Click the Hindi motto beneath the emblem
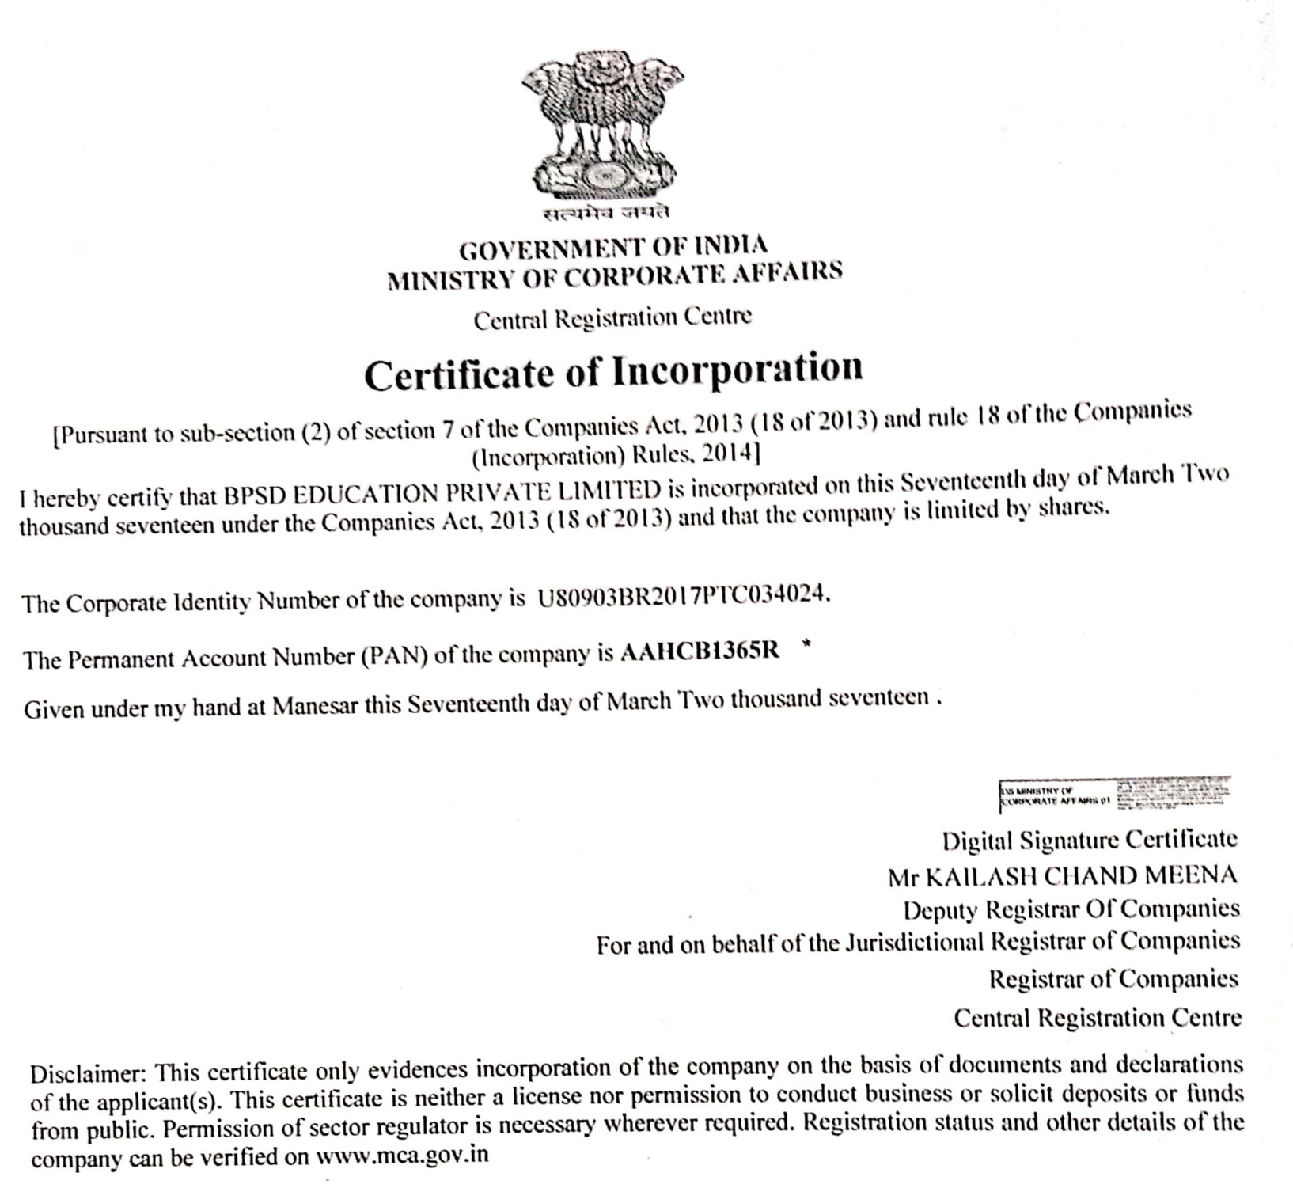pos(606,213)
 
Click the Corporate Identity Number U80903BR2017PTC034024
pos(683,595)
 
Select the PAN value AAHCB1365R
pos(700,651)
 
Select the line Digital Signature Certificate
pos(1090,839)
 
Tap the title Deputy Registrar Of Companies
pos(1071,909)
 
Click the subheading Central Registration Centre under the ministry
pos(612,319)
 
